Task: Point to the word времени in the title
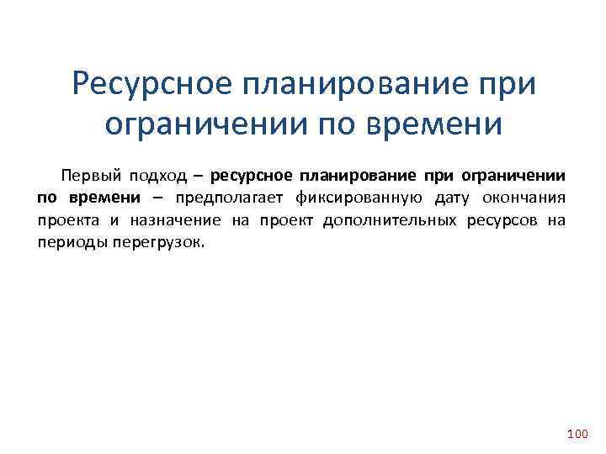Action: (x=434, y=124)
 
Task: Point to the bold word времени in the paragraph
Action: (x=107, y=198)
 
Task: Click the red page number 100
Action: (x=577, y=433)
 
